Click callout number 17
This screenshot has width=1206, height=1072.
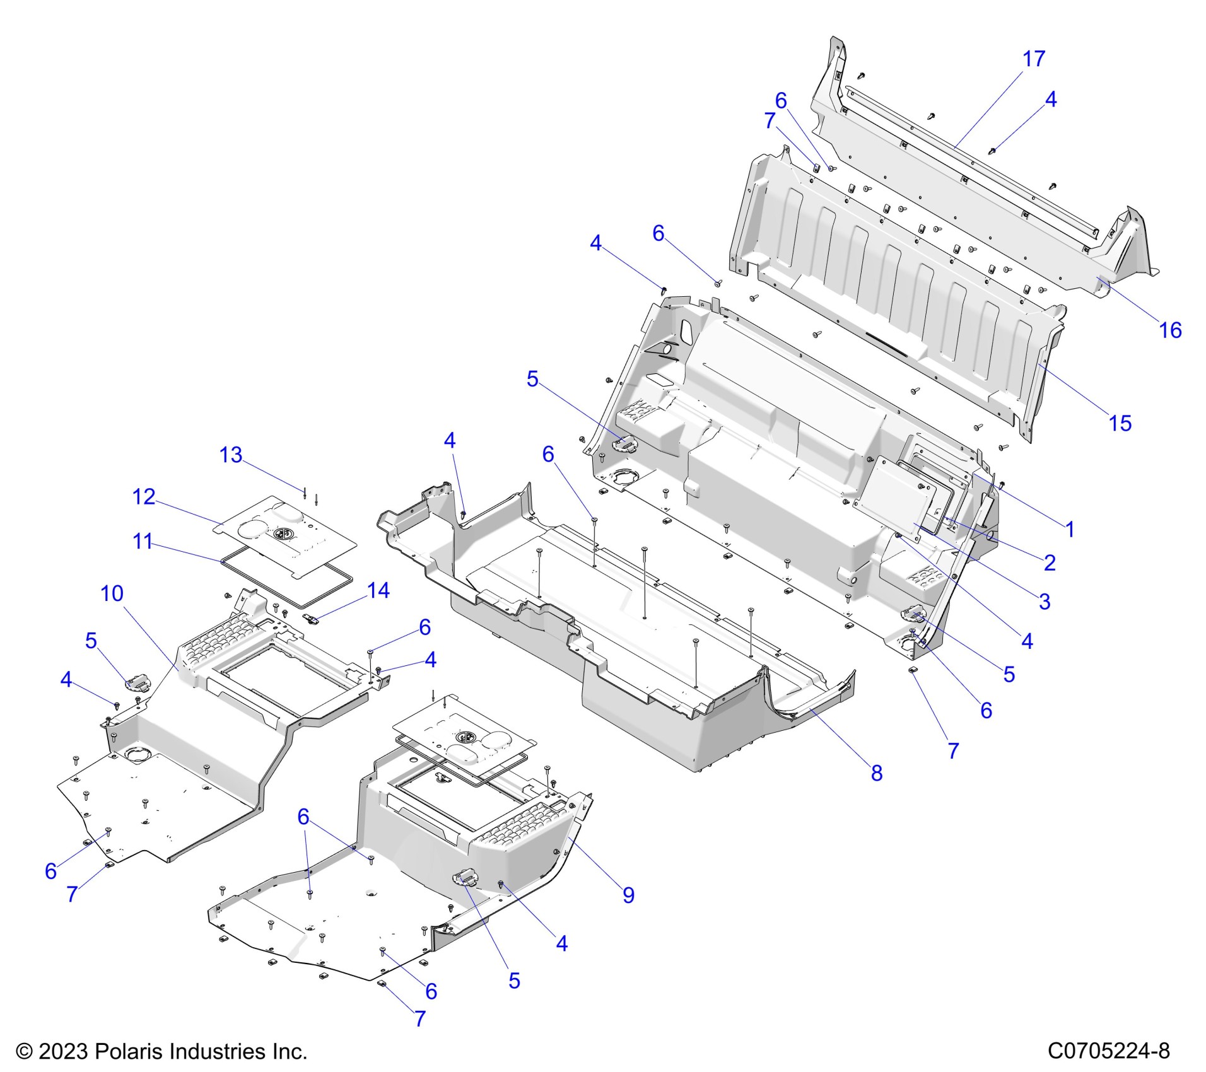pyautogui.click(x=1034, y=59)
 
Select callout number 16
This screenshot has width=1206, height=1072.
pyautogui.click(x=1171, y=330)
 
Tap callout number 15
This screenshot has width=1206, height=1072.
pyautogui.click(x=1120, y=423)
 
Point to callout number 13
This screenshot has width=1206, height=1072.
pyautogui.click(x=231, y=455)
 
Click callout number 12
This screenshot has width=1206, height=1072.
pyautogui.click(x=144, y=497)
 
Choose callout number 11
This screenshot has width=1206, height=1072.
pyautogui.click(x=143, y=541)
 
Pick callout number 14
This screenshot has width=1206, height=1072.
pyautogui.click(x=378, y=590)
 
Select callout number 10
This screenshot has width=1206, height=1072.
pyautogui.click(x=112, y=593)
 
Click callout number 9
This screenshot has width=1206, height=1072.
pyautogui.click(x=628, y=895)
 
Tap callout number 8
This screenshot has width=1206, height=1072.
pyautogui.click(x=877, y=773)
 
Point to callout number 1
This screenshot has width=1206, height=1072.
pyautogui.click(x=1070, y=529)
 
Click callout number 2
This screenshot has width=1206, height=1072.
pyautogui.click(x=1050, y=562)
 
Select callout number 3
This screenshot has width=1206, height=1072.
pyautogui.click(x=1045, y=601)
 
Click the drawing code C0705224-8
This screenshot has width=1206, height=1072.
pyautogui.click(x=1109, y=1051)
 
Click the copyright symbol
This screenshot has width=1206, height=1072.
pyautogui.click(x=24, y=1051)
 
